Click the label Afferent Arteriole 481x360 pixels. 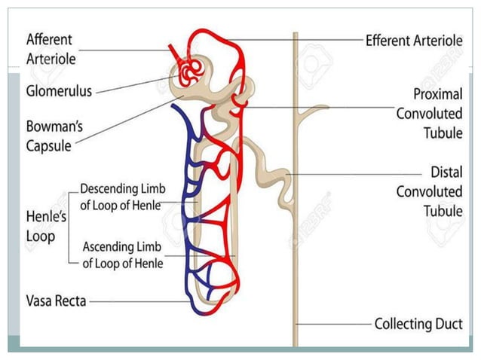click(51, 47)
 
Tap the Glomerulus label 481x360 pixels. click(59, 91)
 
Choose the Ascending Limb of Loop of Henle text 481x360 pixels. click(122, 255)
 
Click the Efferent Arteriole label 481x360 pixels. click(413, 40)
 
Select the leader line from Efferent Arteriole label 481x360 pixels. click(294, 40)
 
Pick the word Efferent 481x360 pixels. click(389, 40)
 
